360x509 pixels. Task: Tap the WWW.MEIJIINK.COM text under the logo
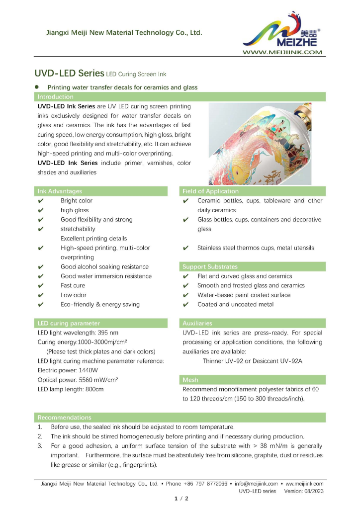(x=282, y=52)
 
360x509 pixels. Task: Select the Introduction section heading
(x=56, y=97)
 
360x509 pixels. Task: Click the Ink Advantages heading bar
(x=60, y=191)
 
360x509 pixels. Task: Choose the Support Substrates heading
(x=210, y=267)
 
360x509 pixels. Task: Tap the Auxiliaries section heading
(x=197, y=324)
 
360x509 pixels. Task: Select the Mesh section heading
(x=190, y=380)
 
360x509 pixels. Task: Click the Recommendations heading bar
(x=65, y=418)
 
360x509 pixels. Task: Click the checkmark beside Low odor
(x=41, y=295)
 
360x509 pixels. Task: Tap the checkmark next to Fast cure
(x=41, y=286)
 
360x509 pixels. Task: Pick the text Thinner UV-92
(x=222, y=361)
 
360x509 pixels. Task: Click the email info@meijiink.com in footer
(x=256, y=483)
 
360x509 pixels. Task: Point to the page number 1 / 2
(x=180, y=498)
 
